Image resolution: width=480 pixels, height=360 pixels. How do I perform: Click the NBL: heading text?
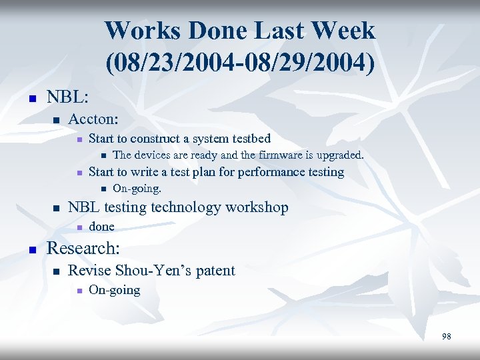coord(67,97)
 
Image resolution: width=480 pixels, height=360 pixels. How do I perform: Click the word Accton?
coord(93,119)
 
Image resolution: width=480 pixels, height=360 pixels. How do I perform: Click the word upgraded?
coord(337,155)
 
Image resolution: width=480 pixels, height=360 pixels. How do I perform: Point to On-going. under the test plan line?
coord(137,189)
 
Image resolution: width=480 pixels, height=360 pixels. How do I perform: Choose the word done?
coord(101,227)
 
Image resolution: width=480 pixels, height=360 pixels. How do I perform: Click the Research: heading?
coord(83,249)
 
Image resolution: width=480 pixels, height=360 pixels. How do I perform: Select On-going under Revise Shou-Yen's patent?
coord(114,290)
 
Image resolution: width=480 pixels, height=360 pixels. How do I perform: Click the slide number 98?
coord(446,337)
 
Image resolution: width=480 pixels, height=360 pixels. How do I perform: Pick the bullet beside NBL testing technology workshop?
coord(57,209)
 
